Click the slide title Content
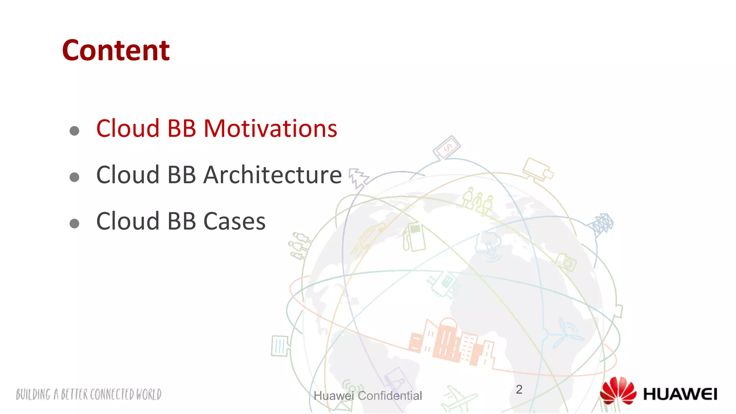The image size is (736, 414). (x=116, y=51)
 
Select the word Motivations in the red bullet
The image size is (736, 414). (x=270, y=129)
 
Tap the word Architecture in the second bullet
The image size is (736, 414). (x=272, y=175)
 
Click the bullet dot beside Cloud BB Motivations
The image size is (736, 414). (x=74, y=131)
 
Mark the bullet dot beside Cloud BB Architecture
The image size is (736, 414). (x=74, y=177)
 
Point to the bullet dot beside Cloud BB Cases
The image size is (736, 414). (x=74, y=224)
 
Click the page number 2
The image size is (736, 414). (x=519, y=390)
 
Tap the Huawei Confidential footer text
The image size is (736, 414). (x=368, y=396)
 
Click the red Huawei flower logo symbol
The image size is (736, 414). (x=618, y=391)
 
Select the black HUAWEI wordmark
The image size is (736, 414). (x=680, y=394)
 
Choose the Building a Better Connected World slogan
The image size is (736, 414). (x=89, y=395)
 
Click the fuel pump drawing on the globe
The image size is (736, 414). (x=414, y=237)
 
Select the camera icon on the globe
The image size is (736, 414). (x=566, y=262)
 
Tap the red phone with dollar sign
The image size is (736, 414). (x=447, y=147)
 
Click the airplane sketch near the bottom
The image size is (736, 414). (x=458, y=398)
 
